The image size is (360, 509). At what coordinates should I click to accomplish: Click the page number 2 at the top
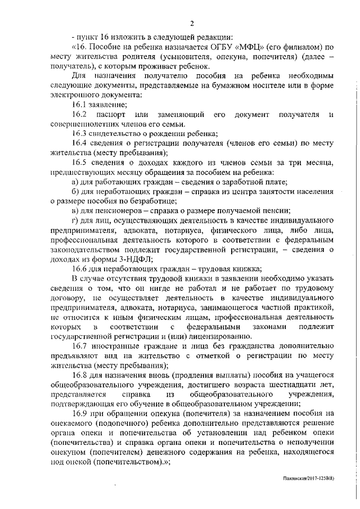click(x=192, y=24)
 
